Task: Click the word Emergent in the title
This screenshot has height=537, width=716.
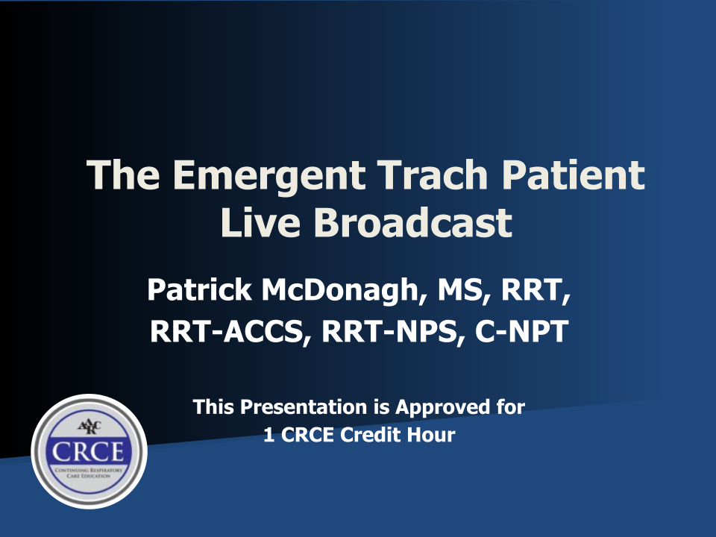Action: click(269, 175)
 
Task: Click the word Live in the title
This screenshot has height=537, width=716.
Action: click(260, 222)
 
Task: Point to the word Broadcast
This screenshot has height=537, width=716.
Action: click(412, 222)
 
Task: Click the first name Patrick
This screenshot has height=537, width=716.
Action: click(199, 289)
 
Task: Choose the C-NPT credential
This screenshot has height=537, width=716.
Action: click(521, 331)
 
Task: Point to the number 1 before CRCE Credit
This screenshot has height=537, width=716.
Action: click(269, 435)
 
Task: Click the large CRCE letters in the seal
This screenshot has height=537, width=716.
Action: click(88, 452)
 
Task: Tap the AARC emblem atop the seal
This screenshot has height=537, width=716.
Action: click(89, 427)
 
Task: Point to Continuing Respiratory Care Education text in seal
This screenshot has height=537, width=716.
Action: click(89, 473)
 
